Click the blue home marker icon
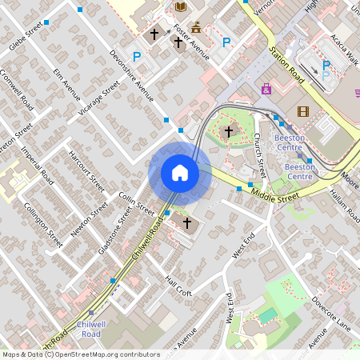pos(180,173)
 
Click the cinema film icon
pos(302,112)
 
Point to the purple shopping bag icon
pos(266,89)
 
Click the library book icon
pos(181,6)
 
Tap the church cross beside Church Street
pos(229,130)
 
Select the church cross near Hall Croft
pos(188,222)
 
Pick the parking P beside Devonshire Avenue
pos(137,57)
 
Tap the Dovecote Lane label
pos(331,314)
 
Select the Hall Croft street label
pos(178,286)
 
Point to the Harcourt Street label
pos(86,172)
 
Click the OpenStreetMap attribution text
pos(80,354)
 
